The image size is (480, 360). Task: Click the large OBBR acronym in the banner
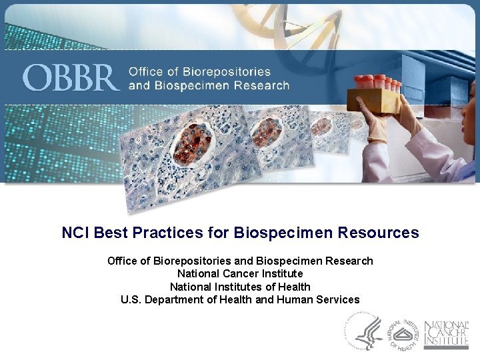click(71, 78)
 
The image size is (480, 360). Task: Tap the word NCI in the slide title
click(76, 233)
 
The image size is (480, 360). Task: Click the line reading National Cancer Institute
click(240, 273)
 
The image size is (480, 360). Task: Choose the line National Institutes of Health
click(240, 287)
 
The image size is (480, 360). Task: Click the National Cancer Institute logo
click(446, 331)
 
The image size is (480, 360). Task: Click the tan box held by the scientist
click(373, 100)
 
